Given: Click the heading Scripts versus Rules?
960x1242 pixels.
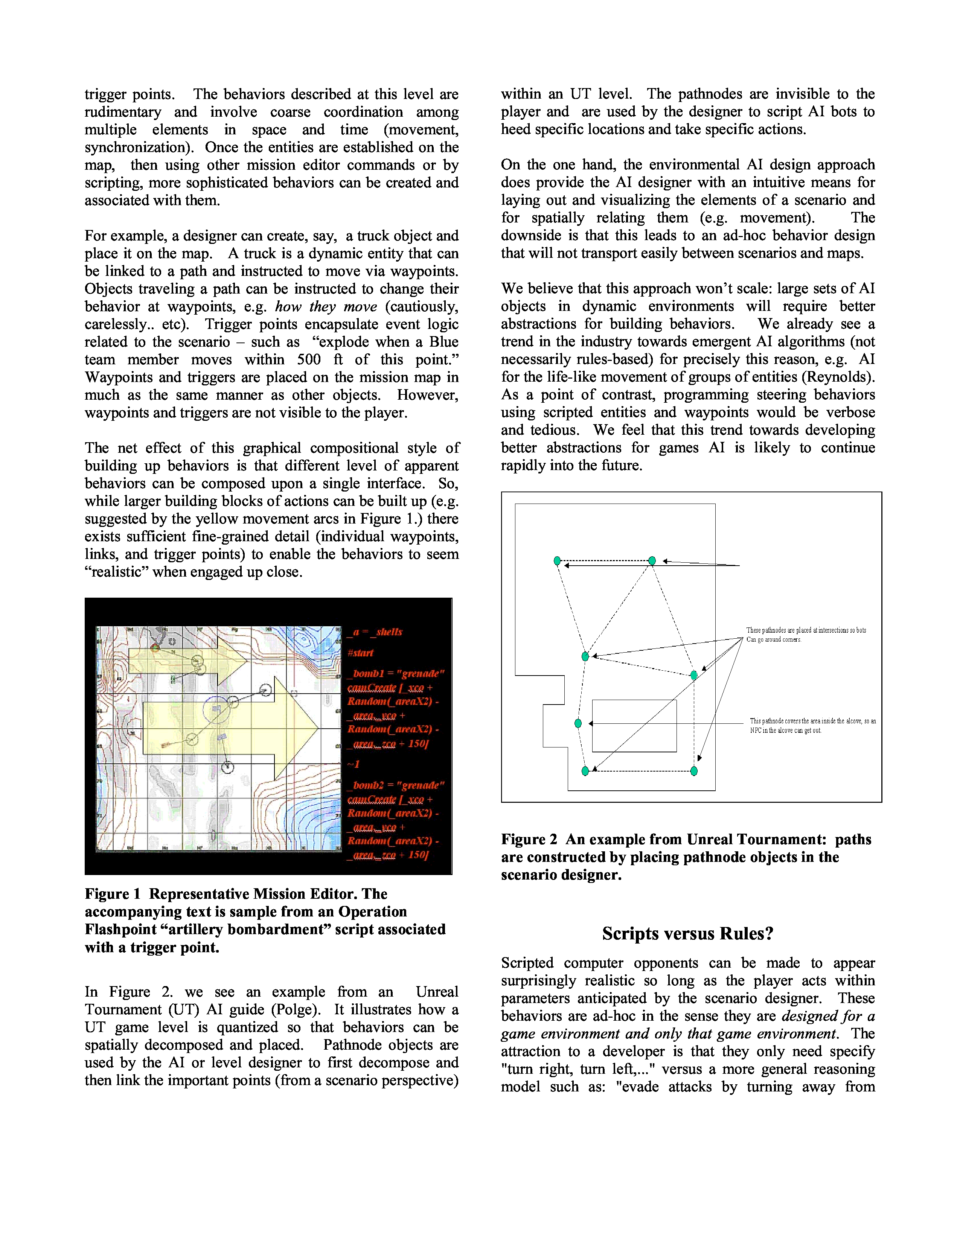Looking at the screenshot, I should (x=687, y=934).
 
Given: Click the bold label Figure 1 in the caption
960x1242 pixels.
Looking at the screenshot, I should (x=112, y=894).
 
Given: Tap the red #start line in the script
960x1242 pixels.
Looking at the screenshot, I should (x=361, y=653).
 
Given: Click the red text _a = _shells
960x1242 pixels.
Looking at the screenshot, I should (x=375, y=632).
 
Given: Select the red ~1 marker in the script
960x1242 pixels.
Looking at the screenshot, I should (x=354, y=764).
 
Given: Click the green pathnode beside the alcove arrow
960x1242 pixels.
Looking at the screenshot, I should (x=578, y=723).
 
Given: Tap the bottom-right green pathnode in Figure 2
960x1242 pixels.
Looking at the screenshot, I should (x=694, y=771).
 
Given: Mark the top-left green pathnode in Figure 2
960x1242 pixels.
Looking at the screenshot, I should (x=557, y=561).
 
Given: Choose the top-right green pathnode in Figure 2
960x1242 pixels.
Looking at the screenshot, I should (x=652, y=561).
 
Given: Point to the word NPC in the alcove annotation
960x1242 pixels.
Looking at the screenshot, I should (x=756, y=731).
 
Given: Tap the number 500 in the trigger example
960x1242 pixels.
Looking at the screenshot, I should (x=309, y=359).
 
